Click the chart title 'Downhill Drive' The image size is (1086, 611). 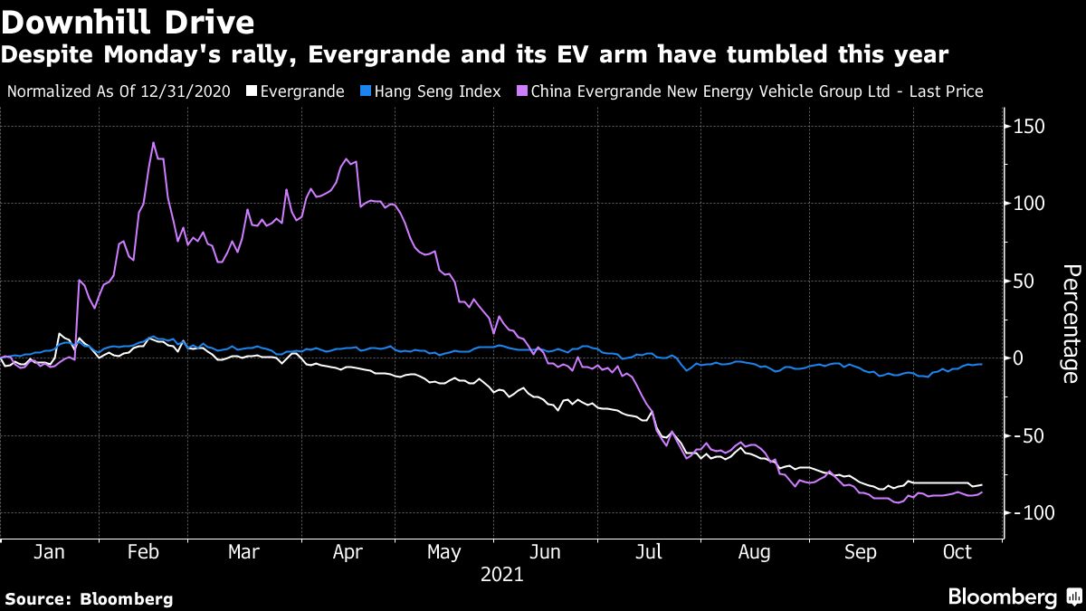(x=128, y=20)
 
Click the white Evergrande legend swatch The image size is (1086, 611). (x=252, y=91)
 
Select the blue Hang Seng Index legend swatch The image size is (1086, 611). (x=367, y=91)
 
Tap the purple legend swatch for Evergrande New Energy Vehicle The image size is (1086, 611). (x=522, y=91)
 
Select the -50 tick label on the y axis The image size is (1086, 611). (x=1032, y=436)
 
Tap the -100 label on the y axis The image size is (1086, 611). (x=1032, y=513)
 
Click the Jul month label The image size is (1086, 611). (x=649, y=552)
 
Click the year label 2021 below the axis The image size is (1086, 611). (x=501, y=574)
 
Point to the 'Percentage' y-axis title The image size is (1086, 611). (x=1072, y=323)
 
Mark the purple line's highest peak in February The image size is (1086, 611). (x=153, y=142)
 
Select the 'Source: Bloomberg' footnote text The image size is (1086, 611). (x=89, y=598)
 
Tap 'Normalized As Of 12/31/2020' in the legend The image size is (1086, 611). (x=119, y=91)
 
